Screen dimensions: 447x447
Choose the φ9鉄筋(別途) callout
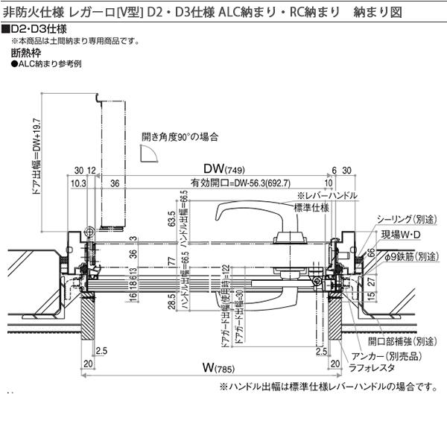pyautogui.click(x=415, y=256)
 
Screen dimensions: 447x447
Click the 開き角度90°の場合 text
pyautogui.click(x=180, y=136)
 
